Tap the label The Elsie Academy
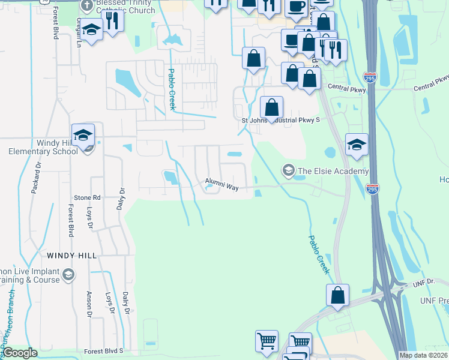(333, 171)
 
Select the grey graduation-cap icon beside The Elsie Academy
(289, 171)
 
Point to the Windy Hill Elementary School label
(43, 147)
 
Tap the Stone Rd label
(87, 197)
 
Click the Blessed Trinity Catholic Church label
(120, 7)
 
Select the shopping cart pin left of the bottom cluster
(267, 341)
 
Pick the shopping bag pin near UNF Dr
(337, 295)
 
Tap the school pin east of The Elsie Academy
(357, 145)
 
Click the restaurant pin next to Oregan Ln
(112, 20)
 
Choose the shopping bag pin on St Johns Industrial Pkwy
(272, 108)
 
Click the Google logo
(20, 353)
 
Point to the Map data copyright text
(423, 355)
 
